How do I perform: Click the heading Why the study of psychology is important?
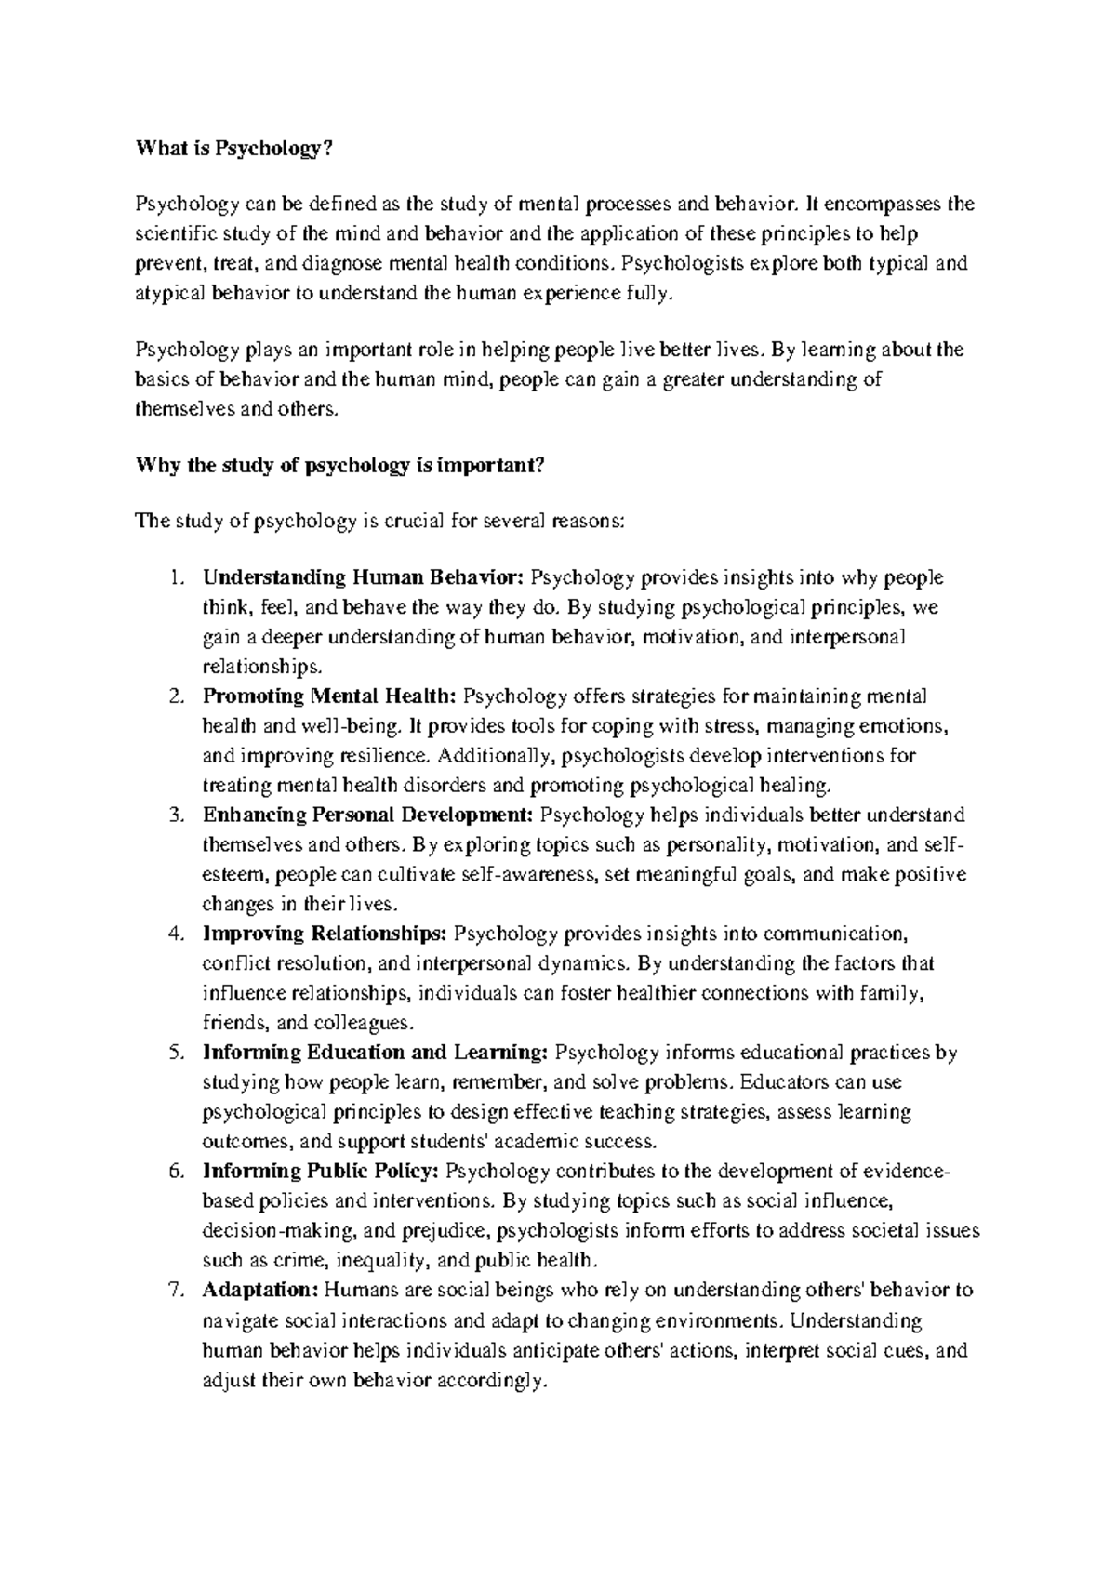point(339,467)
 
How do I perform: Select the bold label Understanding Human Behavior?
point(364,578)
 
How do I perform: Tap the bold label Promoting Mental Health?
point(330,696)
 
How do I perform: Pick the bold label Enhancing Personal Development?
point(368,815)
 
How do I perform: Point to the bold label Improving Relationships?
point(325,934)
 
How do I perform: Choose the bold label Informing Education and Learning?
point(375,1053)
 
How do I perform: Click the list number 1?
point(177,578)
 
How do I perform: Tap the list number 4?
point(177,934)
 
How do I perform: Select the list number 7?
point(177,1291)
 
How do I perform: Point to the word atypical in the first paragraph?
point(168,294)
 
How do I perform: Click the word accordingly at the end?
point(487,1381)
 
